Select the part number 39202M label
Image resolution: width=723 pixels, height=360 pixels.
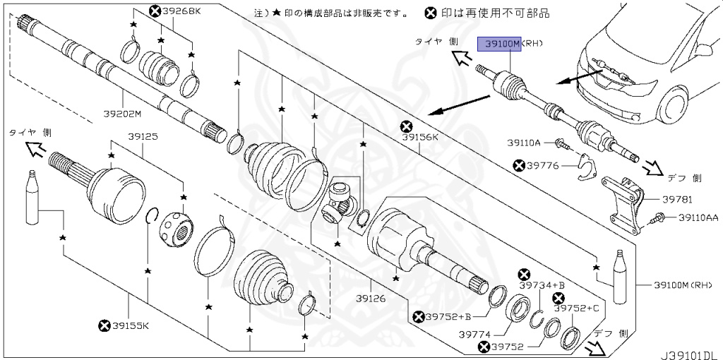click(122, 114)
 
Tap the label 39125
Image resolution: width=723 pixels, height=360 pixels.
click(143, 137)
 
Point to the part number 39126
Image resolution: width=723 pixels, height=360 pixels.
click(371, 299)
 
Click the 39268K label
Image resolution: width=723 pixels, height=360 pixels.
click(181, 11)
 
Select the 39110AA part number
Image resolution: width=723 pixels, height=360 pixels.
click(698, 218)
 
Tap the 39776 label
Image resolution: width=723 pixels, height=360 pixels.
click(543, 165)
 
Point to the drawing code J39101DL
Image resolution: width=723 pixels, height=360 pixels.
click(690, 349)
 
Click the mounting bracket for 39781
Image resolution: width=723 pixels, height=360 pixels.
click(624, 201)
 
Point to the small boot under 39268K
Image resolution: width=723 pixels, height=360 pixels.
click(160, 66)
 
